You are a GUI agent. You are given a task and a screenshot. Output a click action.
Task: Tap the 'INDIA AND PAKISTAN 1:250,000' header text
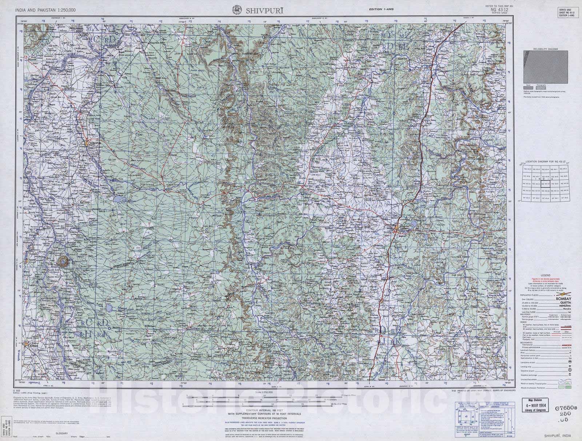click(x=45, y=10)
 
